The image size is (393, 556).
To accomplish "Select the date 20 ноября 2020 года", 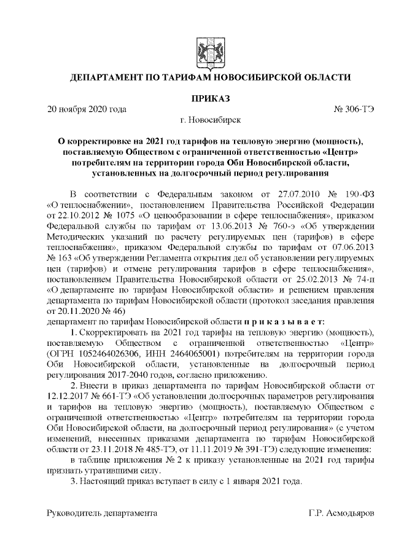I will click(x=87, y=109).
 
